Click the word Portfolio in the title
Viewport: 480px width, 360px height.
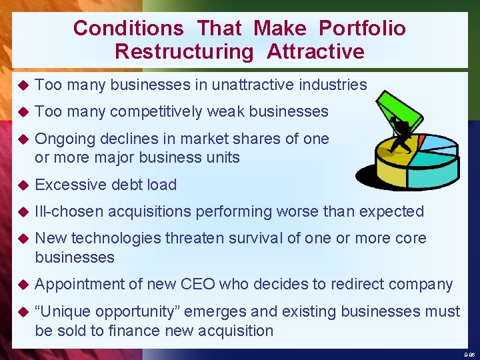pyautogui.click(x=362, y=28)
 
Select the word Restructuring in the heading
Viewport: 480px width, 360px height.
pyautogui.click(x=184, y=51)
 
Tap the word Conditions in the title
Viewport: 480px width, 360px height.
pyautogui.click(x=128, y=28)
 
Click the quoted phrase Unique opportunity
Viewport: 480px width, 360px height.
pyautogui.click(x=111, y=311)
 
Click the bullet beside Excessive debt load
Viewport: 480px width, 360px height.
pyautogui.click(x=22, y=185)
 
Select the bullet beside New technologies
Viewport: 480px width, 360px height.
pyautogui.click(x=22, y=238)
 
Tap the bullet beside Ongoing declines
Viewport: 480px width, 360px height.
pyautogui.click(x=22, y=139)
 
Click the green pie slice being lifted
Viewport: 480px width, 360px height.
pyautogui.click(x=400, y=110)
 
